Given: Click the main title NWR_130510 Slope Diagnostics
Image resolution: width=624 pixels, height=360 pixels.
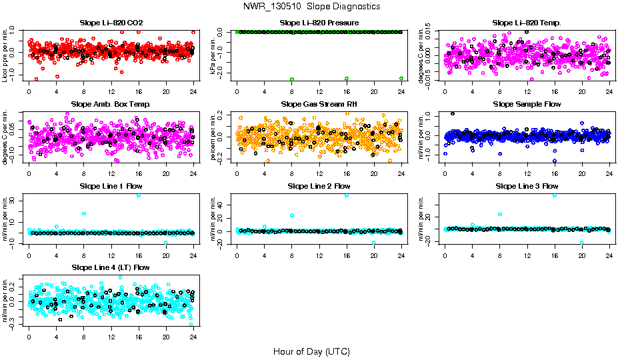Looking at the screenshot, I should (311, 6).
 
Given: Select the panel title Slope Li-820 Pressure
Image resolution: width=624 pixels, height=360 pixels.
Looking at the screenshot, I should (319, 23).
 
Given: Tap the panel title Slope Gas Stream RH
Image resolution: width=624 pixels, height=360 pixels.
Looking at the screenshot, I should (319, 105).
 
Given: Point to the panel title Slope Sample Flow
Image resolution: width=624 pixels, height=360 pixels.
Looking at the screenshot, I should (527, 105).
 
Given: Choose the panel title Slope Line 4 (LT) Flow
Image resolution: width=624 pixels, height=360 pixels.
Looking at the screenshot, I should (111, 267).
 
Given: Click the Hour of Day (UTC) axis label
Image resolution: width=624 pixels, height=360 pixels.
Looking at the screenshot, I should (311, 351).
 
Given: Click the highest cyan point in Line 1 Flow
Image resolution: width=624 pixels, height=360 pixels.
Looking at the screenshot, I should (139, 195).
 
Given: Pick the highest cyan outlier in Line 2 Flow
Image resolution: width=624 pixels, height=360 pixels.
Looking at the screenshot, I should (347, 195).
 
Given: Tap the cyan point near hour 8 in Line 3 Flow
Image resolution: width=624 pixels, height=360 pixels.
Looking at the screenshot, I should (500, 215).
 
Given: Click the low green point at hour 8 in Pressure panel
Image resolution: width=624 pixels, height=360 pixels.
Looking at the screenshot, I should (292, 79).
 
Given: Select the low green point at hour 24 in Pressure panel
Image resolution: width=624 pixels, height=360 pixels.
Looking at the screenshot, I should (401, 79).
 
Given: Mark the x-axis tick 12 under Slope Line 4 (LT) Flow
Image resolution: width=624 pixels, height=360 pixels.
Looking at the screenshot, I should (111, 337).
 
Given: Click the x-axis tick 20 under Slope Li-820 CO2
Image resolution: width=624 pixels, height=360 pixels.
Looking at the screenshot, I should (166, 92).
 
